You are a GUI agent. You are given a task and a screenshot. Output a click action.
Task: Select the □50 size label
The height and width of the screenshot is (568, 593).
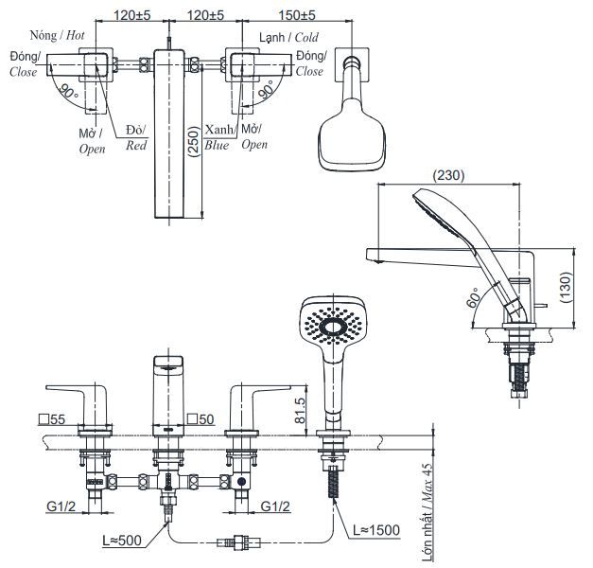tap(200, 417)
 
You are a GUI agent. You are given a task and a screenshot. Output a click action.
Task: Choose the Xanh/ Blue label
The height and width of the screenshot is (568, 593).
tap(218, 137)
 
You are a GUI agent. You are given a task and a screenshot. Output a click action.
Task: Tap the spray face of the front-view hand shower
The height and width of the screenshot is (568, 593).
tap(331, 330)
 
